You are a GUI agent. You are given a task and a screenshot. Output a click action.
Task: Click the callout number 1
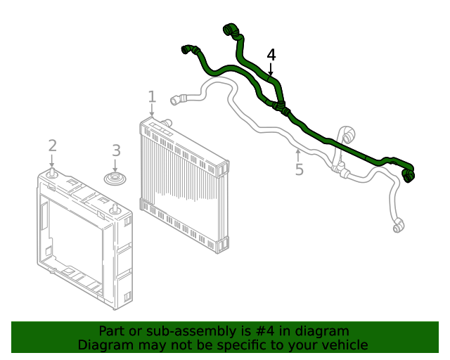tap(151, 96)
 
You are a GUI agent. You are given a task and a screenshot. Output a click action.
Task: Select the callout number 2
tap(52, 146)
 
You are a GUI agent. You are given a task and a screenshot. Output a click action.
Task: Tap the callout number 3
tap(116, 150)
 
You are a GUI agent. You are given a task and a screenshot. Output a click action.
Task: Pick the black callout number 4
tap(271, 55)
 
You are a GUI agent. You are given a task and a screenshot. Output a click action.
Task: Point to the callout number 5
tap(299, 170)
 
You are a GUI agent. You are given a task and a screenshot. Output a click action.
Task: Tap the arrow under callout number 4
tap(271, 70)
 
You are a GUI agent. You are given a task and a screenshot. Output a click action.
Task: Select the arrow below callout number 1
tap(151, 111)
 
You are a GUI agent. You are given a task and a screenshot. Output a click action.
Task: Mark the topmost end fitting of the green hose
tap(229, 30)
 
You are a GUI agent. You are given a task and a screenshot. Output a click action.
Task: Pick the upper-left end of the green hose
tap(187, 49)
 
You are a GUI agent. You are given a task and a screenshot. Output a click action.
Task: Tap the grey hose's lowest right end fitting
tap(398, 226)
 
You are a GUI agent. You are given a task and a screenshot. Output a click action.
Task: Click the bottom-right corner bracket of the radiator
tap(222, 244)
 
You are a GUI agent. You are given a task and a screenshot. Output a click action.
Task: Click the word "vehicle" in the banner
tap(342, 345)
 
